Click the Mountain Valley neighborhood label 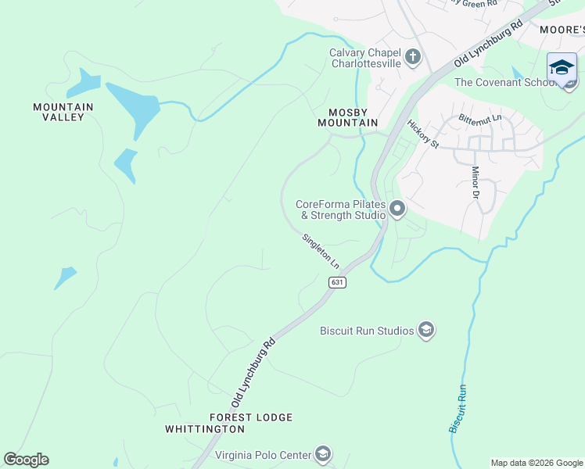click(63, 112)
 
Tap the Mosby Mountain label click(347, 117)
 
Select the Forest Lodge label click(251, 417)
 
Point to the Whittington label click(205, 429)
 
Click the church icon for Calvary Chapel click(413, 57)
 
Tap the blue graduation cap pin click(562, 68)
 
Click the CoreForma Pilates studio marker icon click(397, 209)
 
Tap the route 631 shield click(337, 282)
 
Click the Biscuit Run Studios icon click(425, 331)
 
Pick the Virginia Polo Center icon click(323, 454)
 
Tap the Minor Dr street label click(475, 182)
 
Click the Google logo click(26, 460)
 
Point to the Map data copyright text click(536, 463)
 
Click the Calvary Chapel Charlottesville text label click(364, 59)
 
